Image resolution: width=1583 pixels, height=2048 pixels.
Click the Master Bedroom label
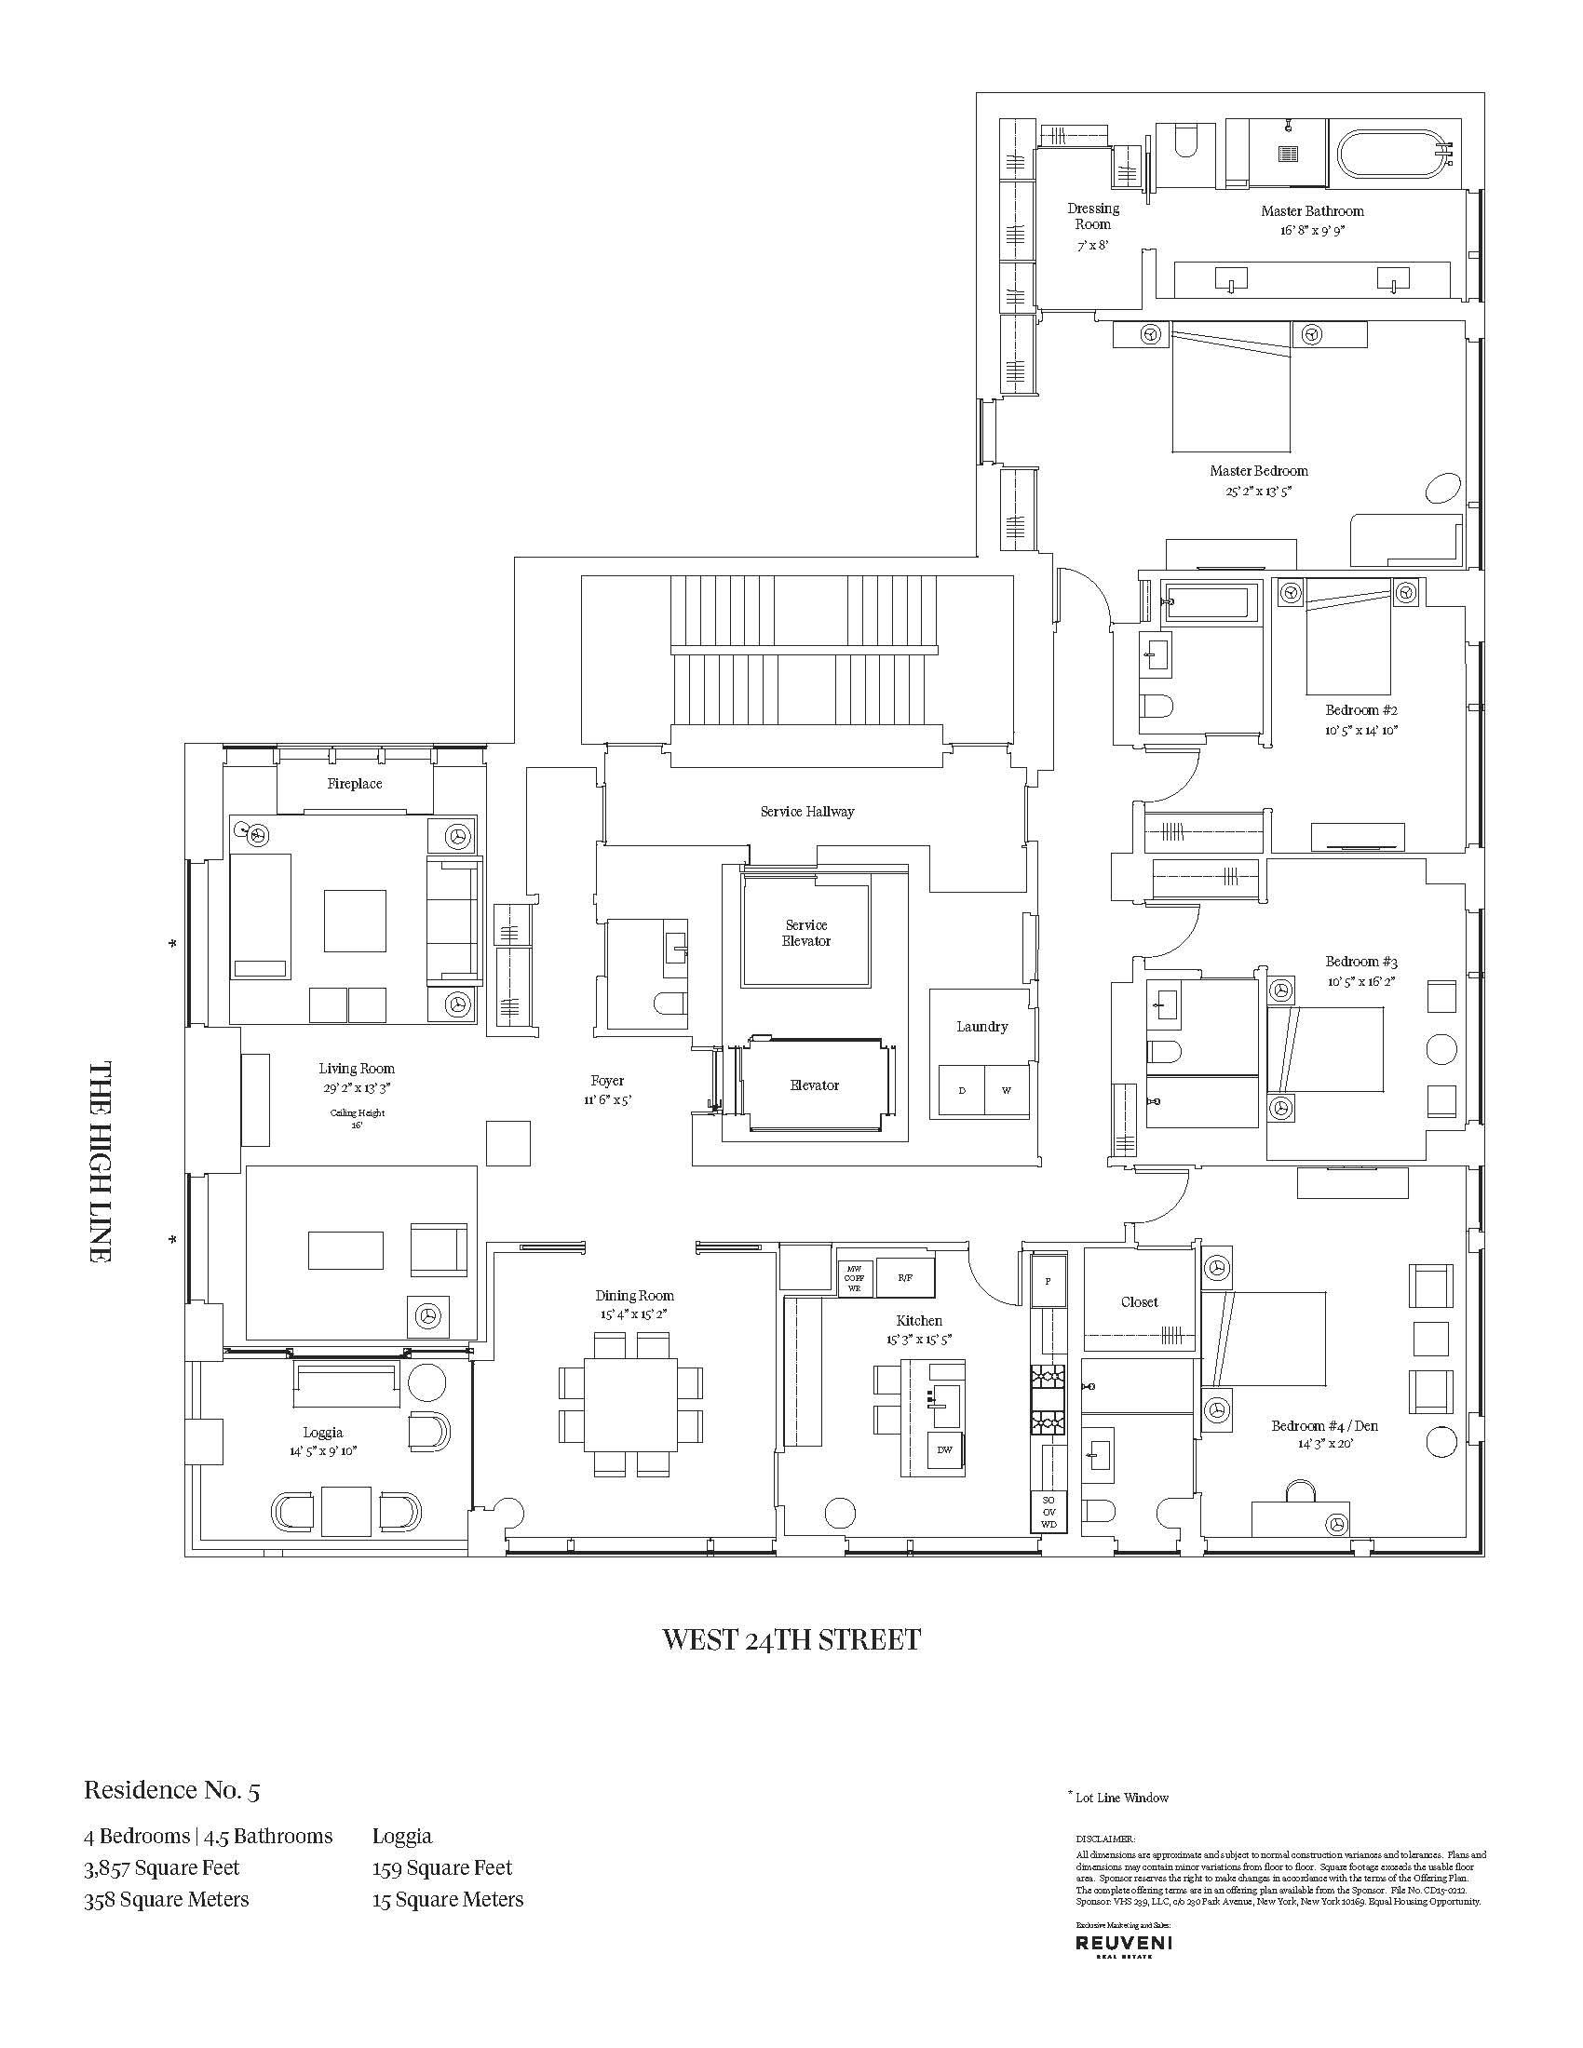click(x=1259, y=471)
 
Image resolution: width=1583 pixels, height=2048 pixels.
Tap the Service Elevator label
click(x=805, y=933)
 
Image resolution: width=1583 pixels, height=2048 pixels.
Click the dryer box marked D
click(x=961, y=1091)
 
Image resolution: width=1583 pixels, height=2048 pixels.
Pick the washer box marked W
click(x=1007, y=1091)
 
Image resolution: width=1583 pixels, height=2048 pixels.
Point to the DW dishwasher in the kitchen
click(x=944, y=1449)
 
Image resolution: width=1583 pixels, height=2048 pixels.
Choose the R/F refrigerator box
click(x=904, y=1277)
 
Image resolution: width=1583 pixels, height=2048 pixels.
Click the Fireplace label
click(x=355, y=783)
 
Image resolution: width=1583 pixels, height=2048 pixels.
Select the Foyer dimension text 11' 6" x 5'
click(x=608, y=1100)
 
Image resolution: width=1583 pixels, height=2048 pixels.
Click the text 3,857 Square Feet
click(x=161, y=1868)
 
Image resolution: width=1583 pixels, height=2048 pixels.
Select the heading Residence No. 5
click(x=171, y=1790)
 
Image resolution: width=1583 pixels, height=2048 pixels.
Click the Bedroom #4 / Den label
click(x=1324, y=1426)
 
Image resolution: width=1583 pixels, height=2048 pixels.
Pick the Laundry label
click(x=981, y=1027)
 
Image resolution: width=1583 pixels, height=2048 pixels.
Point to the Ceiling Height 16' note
click(x=357, y=1118)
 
